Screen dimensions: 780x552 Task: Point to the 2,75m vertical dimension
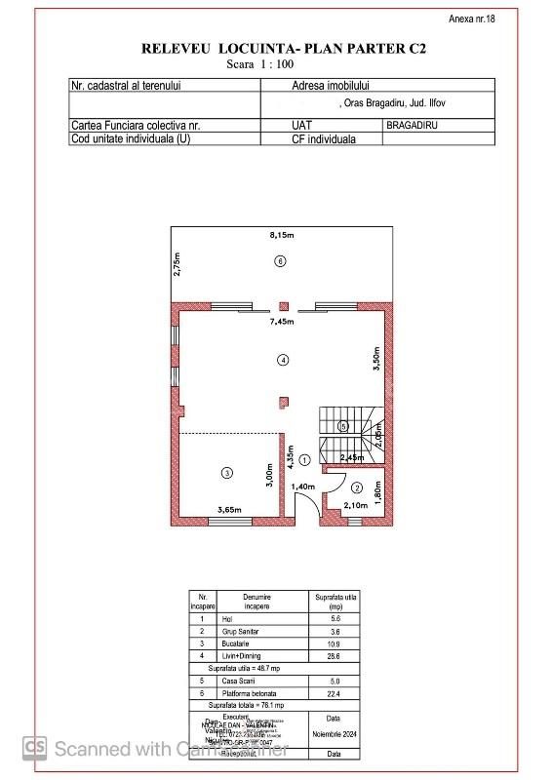coord(177,265)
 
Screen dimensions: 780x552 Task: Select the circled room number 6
coord(280,261)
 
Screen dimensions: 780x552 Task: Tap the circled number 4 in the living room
coord(283,360)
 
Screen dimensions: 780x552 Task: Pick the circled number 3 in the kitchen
coord(226,473)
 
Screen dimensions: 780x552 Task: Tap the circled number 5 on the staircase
coord(342,426)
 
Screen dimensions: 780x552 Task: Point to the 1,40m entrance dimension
coord(303,486)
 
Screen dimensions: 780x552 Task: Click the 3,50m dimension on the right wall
coord(376,358)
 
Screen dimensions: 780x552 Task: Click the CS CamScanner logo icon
coord(36,747)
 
